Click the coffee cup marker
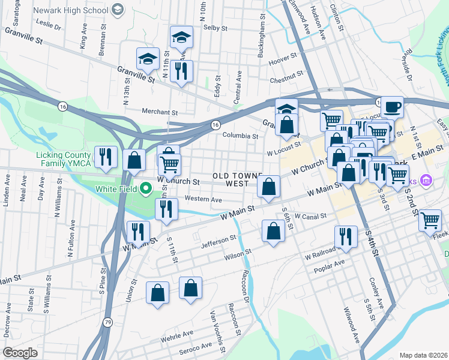click(392, 107)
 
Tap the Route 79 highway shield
click(107, 321)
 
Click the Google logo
click(20, 352)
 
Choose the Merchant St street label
click(160, 112)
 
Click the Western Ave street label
click(203, 199)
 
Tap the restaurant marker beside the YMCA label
click(106, 158)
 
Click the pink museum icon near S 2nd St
click(426, 179)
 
